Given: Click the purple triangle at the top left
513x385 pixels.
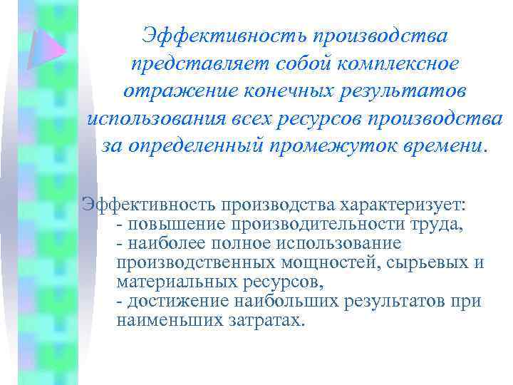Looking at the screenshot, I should point(48,48).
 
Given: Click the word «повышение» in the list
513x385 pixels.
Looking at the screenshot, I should point(164,225).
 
